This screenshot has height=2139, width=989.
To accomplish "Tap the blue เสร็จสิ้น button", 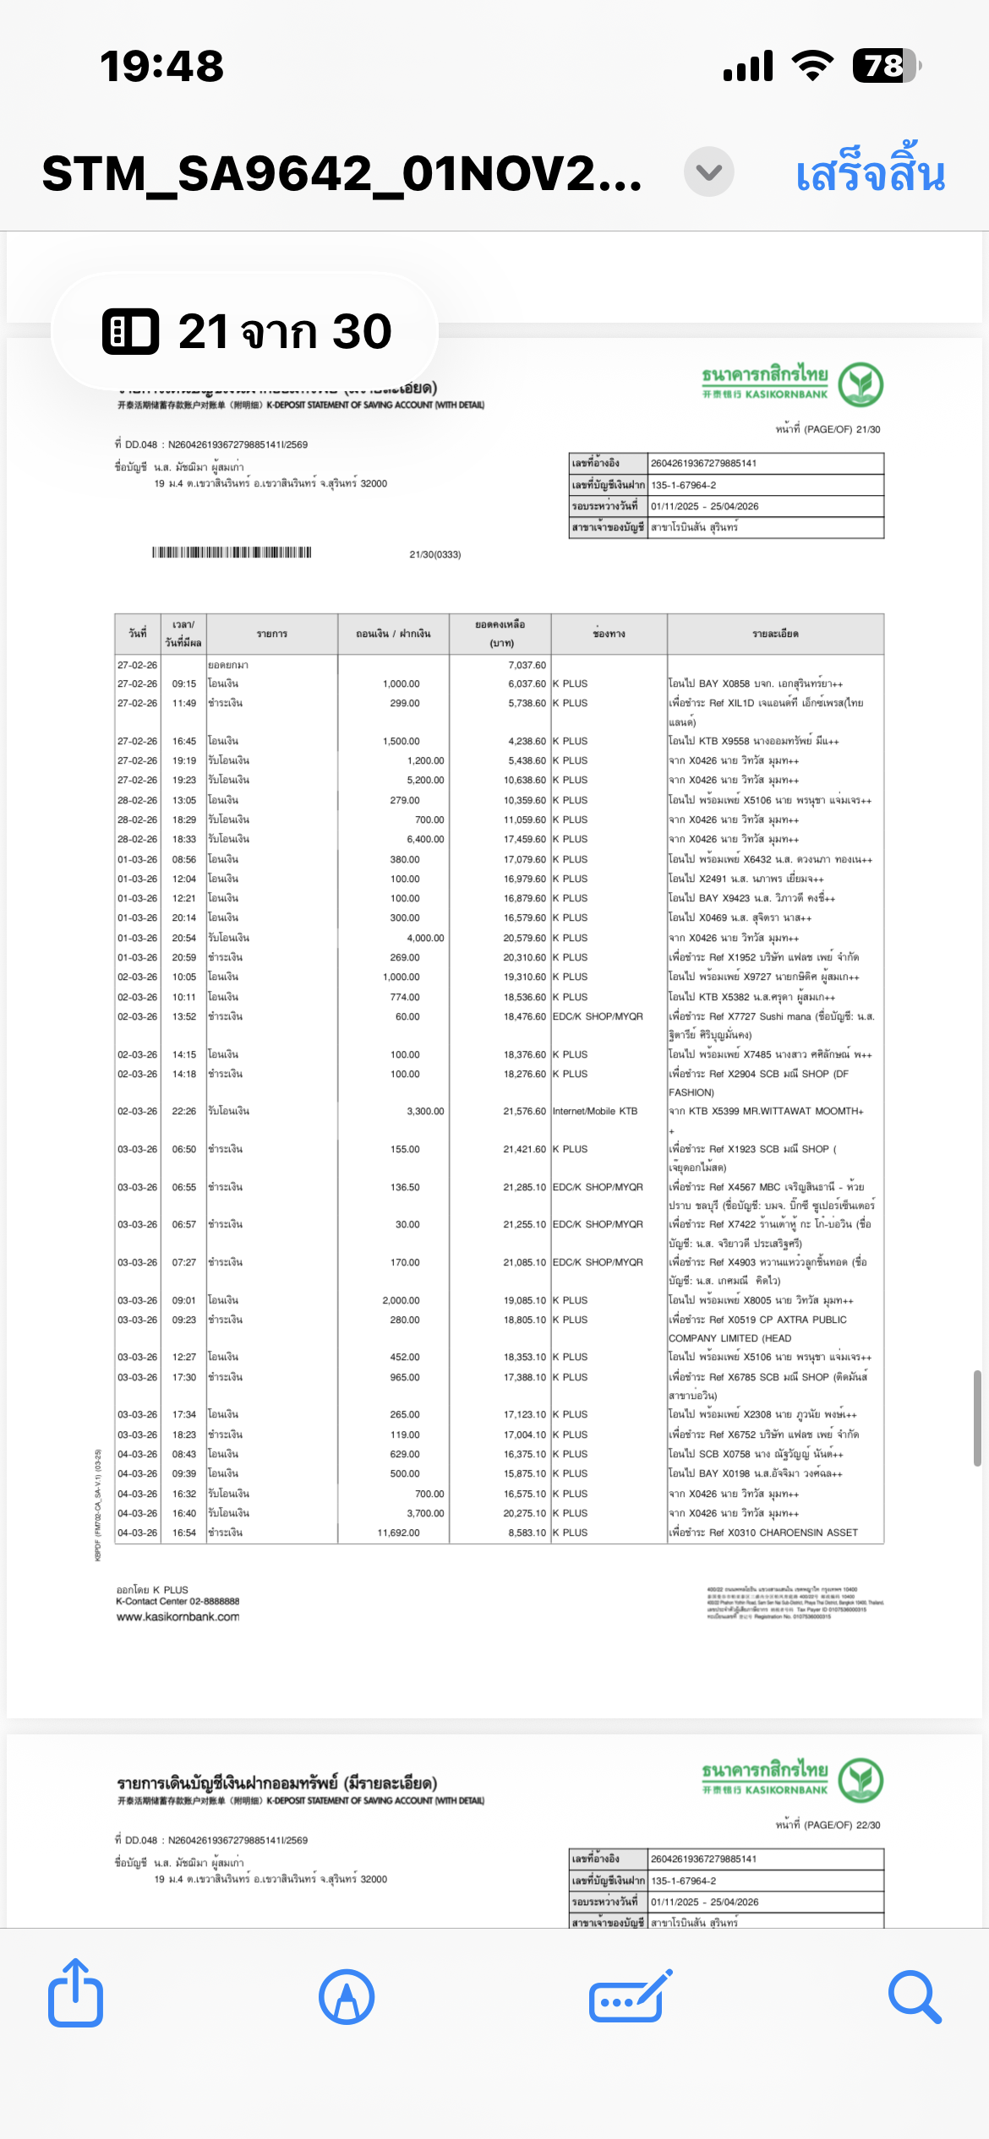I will pos(870,173).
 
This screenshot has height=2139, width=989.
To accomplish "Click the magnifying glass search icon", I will pos(915,1997).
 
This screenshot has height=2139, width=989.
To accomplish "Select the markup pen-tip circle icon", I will pos(347,1997).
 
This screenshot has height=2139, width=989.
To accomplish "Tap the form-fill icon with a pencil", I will pos(630,1997).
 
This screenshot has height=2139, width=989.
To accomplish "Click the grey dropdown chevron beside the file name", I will pos(708,172).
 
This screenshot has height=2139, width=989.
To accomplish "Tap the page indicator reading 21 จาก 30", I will pos(245,331).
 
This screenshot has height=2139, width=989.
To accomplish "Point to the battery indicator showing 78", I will pos(885,66).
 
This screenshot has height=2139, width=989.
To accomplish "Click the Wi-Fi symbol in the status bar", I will pos(812,66).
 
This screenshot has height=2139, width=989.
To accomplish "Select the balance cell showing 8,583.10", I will pos(527,1532).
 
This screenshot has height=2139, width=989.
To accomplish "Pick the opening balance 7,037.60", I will pos(527,665).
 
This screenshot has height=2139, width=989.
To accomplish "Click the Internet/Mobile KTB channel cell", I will pos(595,1111).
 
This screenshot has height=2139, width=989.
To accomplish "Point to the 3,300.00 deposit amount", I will pos(425,1111).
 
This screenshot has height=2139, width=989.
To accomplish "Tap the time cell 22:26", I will pos(183,1111).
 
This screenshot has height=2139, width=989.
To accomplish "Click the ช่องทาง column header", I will pos(609,634).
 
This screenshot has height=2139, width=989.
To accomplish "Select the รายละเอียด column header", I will pos(775,634).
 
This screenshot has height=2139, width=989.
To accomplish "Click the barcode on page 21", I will pos(232,552).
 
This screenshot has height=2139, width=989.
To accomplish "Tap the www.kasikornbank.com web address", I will pos(178,1617).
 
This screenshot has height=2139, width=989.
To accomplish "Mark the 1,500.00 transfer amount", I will pos(401,741).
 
